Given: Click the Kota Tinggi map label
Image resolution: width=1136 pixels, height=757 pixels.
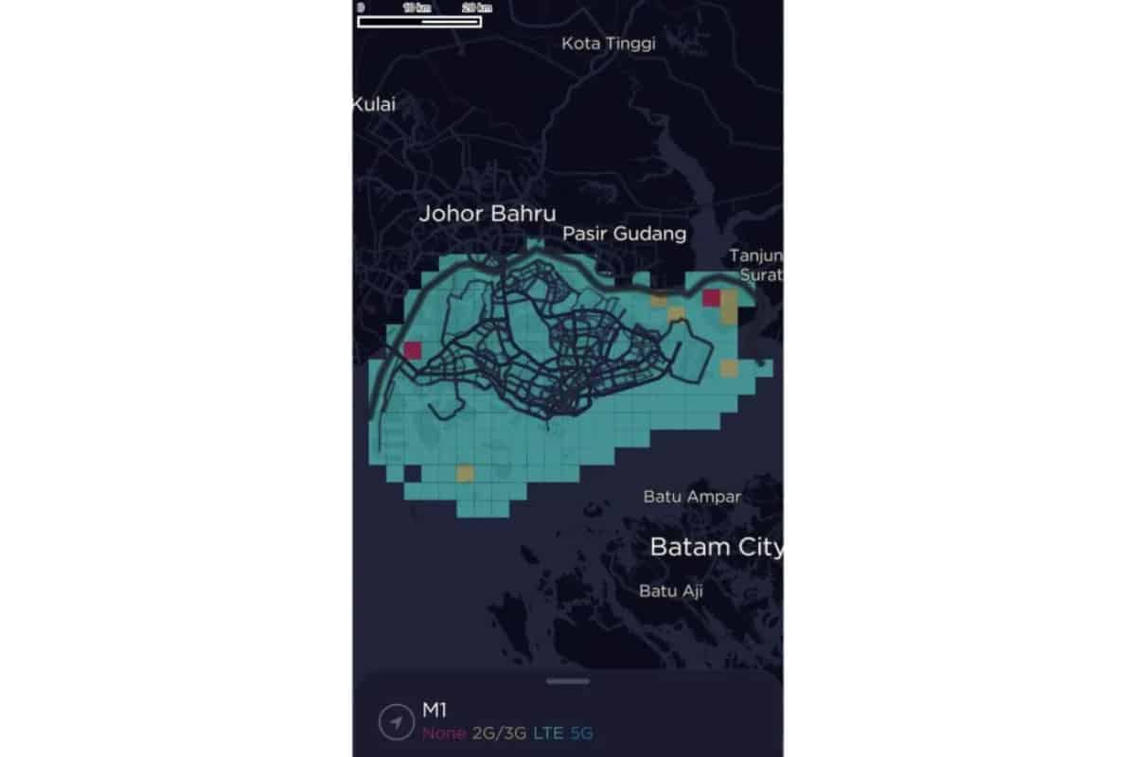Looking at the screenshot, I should (609, 43).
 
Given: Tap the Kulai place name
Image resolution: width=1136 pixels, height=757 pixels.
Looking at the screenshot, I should (374, 104).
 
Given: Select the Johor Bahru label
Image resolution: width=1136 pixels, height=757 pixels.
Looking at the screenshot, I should (488, 213).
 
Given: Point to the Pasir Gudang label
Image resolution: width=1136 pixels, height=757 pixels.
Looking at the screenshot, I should (625, 233).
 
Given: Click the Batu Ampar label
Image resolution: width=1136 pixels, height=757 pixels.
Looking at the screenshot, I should (692, 496).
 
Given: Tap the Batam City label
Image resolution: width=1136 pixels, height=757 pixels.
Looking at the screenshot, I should (716, 547).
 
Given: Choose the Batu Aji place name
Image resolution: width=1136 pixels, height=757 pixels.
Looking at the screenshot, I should (671, 591).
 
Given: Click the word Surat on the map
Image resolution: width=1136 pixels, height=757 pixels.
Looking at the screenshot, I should (761, 275).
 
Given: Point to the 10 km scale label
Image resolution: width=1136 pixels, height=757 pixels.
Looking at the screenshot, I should (416, 8).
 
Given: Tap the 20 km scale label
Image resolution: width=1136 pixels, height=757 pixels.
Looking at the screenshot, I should (476, 8).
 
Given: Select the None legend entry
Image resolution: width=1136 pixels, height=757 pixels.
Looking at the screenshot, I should (444, 733).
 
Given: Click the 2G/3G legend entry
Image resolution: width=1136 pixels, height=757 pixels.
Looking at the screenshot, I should (499, 733).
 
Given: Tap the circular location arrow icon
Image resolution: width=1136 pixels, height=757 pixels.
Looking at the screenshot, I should (392, 723).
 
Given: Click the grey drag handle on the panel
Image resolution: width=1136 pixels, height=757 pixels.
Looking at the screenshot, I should (568, 680).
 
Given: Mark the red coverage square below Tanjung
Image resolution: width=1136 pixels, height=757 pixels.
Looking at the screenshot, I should (712, 299).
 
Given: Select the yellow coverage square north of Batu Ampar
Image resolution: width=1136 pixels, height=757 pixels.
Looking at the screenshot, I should (729, 368).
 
